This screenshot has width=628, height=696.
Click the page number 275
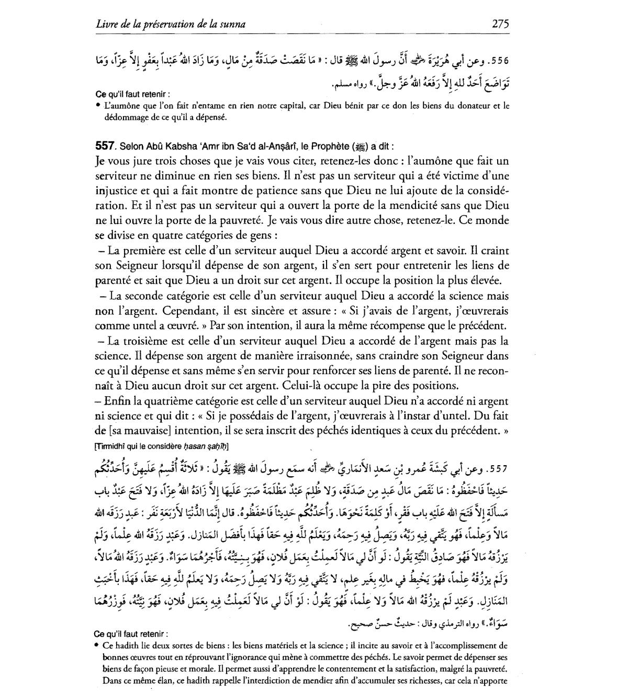[x=500, y=24]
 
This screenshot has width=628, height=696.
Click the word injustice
[x=116, y=190]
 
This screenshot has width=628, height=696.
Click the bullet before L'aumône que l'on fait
[x=99, y=106]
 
